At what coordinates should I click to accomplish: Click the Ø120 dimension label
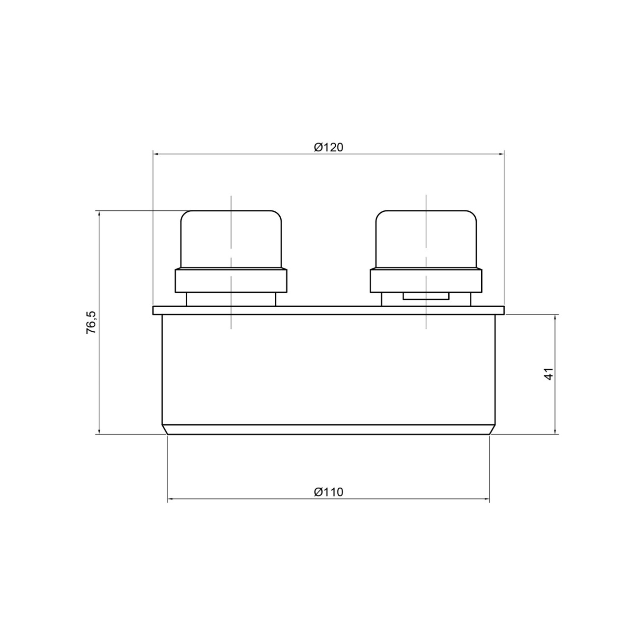point(328,147)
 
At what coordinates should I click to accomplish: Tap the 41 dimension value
point(549,374)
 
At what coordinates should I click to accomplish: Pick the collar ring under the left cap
point(231,281)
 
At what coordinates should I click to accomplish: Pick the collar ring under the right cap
point(426,281)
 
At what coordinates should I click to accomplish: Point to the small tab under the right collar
point(426,296)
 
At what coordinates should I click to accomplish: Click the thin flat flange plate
point(328,310)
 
